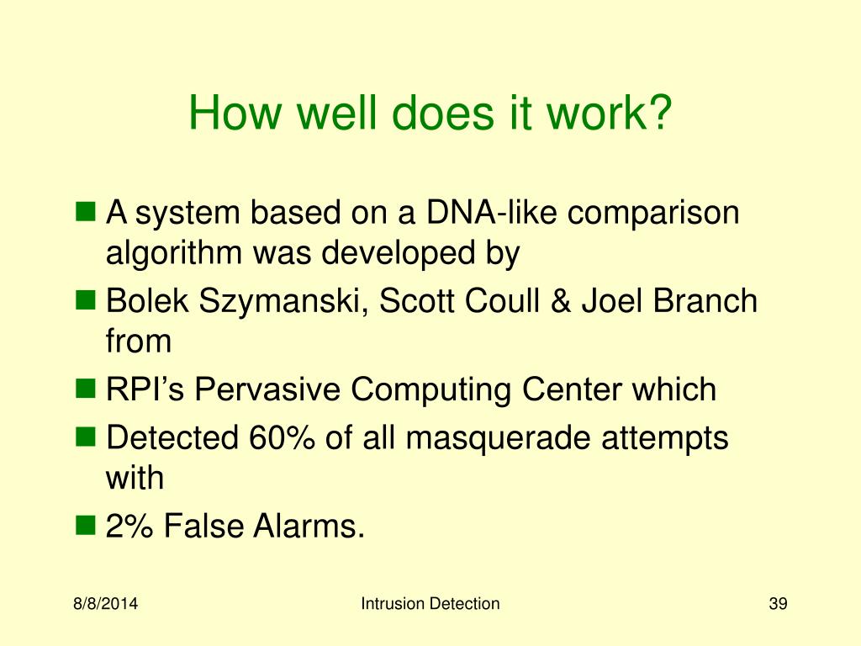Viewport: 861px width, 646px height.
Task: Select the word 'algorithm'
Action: [x=173, y=254]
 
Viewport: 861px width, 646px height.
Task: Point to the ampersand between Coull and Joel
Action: [x=560, y=301]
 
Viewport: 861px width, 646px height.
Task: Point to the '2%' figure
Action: [x=129, y=526]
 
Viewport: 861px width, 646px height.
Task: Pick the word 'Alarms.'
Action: [x=309, y=526]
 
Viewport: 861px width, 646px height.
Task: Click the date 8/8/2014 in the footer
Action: [x=105, y=604]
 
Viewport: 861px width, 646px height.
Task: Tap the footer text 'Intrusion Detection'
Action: [x=430, y=604]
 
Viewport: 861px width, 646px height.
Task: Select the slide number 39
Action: [x=778, y=604]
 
